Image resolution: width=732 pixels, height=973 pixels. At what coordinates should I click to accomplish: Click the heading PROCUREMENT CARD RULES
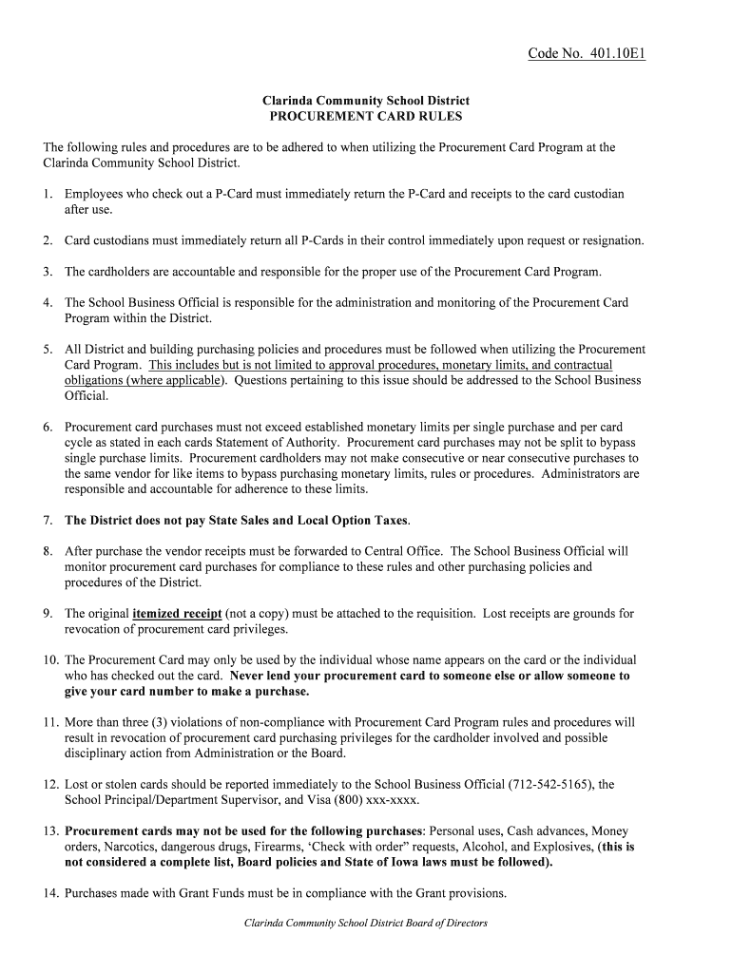click(366, 117)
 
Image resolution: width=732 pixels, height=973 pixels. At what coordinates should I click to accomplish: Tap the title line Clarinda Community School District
click(366, 101)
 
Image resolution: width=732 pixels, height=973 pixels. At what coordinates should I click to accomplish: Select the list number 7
click(48, 521)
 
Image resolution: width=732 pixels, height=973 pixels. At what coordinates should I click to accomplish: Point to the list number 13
click(50, 830)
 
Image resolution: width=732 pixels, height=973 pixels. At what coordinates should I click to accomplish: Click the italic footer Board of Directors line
click(366, 923)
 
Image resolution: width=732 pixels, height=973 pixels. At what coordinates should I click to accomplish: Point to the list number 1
click(48, 194)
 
